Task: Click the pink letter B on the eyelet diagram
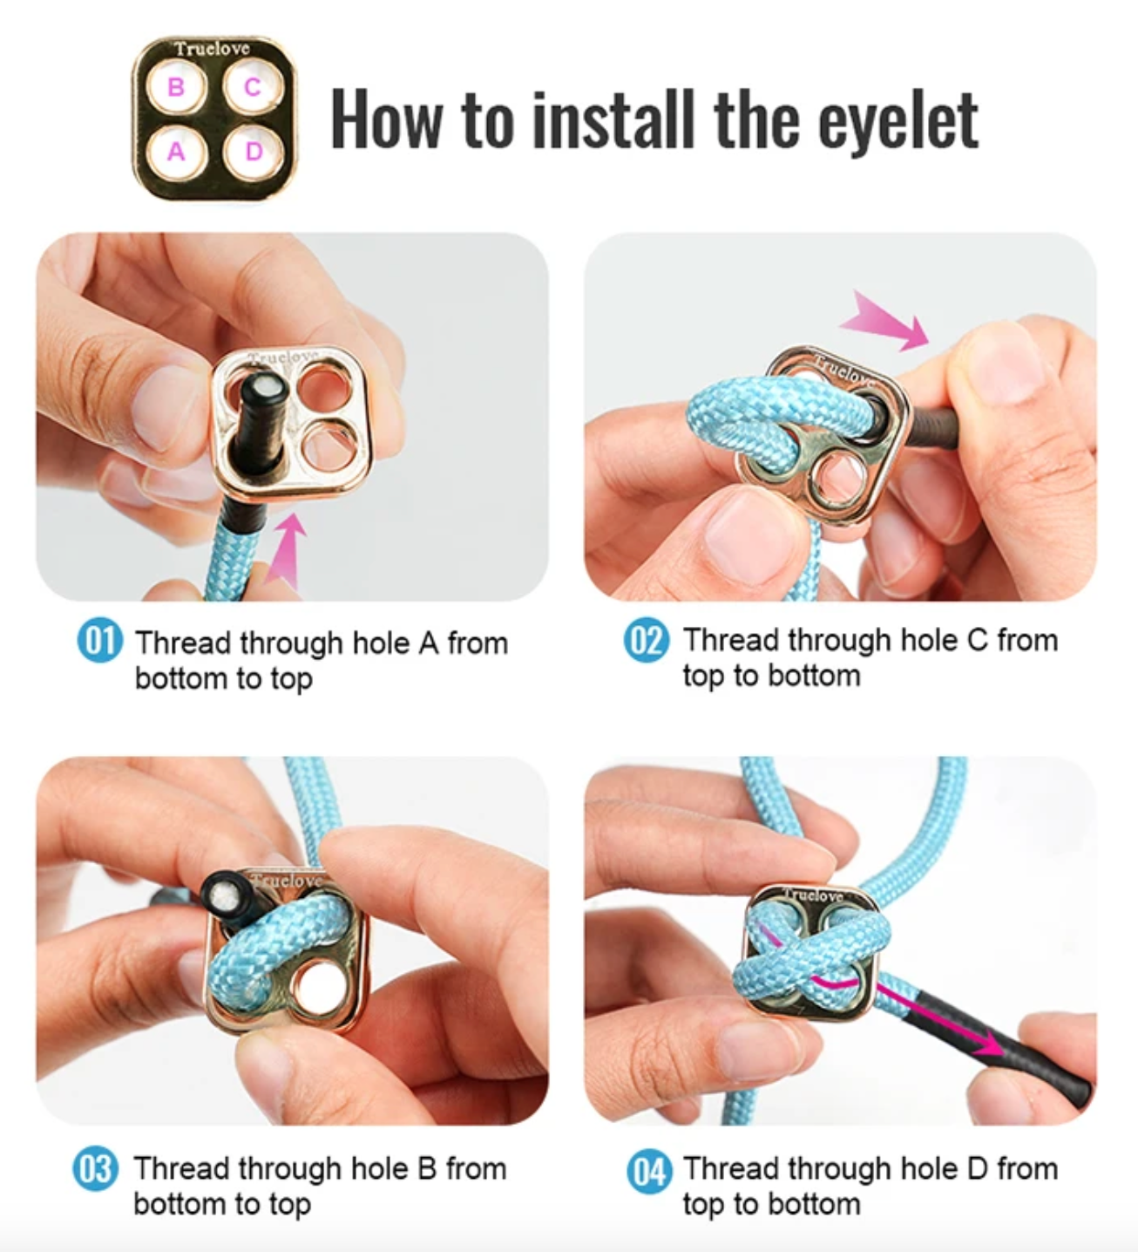point(176,87)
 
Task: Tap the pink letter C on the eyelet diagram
point(252,87)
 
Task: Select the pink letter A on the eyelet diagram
point(176,152)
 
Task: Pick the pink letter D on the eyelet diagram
point(254,151)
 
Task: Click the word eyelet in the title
point(898,122)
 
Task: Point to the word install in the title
point(613,119)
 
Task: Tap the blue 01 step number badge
point(100,640)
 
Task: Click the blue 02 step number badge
point(647,640)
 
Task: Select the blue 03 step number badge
point(96,1168)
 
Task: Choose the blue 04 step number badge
point(649,1171)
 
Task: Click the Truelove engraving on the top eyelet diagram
point(212,49)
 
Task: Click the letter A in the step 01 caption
point(429,643)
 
